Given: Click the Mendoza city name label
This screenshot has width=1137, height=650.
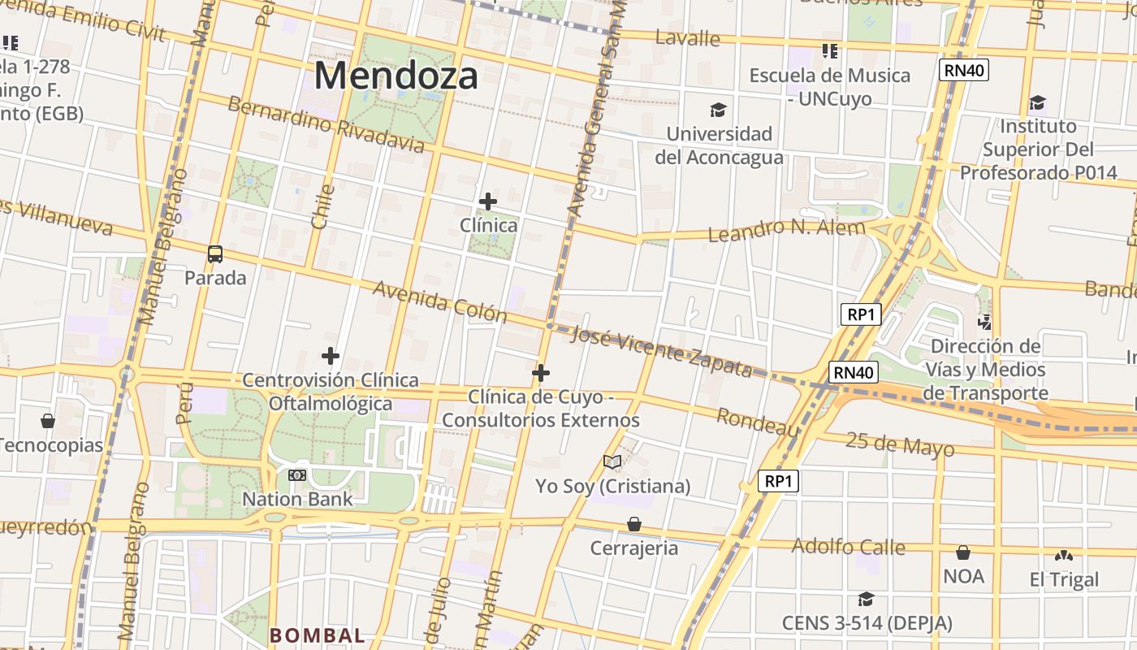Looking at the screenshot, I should coord(396,76).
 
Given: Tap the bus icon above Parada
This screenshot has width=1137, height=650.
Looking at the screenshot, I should coord(215,254).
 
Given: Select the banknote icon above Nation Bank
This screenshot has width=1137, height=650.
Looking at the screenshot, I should coord(297,474).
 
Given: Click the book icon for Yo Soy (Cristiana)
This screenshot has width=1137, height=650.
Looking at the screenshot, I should coord(612,462).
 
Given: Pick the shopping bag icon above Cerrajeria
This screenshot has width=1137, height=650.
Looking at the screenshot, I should coord(633,524).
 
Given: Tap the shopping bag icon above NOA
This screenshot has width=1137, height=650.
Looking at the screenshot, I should coord(963,552).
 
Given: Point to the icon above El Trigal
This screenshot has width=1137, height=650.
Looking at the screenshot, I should coord(1063,556).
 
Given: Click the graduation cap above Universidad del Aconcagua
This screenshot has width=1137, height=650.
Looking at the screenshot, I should coord(718,110).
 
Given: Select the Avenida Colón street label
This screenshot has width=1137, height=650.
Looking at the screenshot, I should coord(439,301).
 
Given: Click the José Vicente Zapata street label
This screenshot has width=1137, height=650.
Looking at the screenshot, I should coord(661,351).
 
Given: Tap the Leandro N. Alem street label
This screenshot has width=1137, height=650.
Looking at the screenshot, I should coord(786,230).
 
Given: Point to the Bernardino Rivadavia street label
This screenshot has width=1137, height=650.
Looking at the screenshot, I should coord(325,124).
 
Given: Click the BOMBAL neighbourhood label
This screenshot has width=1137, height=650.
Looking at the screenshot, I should coord(317,635).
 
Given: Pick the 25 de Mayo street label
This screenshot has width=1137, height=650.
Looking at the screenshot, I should coord(900,444).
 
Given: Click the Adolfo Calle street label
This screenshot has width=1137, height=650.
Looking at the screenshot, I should coord(848,546).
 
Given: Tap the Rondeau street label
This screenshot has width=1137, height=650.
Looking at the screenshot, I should coord(757,422).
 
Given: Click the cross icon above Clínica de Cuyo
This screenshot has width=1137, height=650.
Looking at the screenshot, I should coord(541,373).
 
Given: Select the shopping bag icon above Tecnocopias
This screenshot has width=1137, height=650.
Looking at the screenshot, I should coord(48,421).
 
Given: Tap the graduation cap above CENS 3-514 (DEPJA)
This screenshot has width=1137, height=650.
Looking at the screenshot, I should coord(867,599).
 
